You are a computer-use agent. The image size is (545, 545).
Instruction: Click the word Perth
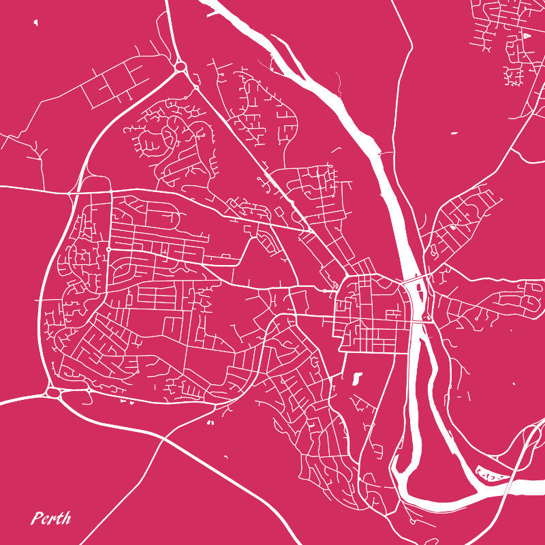point(51,518)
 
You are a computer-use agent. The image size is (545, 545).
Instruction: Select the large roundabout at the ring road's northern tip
point(181,66)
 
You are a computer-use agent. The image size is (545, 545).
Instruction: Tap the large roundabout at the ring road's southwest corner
point(53,392)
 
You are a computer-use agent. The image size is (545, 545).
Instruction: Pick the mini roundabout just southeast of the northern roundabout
point(196,87)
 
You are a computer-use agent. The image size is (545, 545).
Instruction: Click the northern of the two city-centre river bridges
point(413,279)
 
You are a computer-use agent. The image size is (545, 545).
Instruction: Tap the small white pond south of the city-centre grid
point(357,377)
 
